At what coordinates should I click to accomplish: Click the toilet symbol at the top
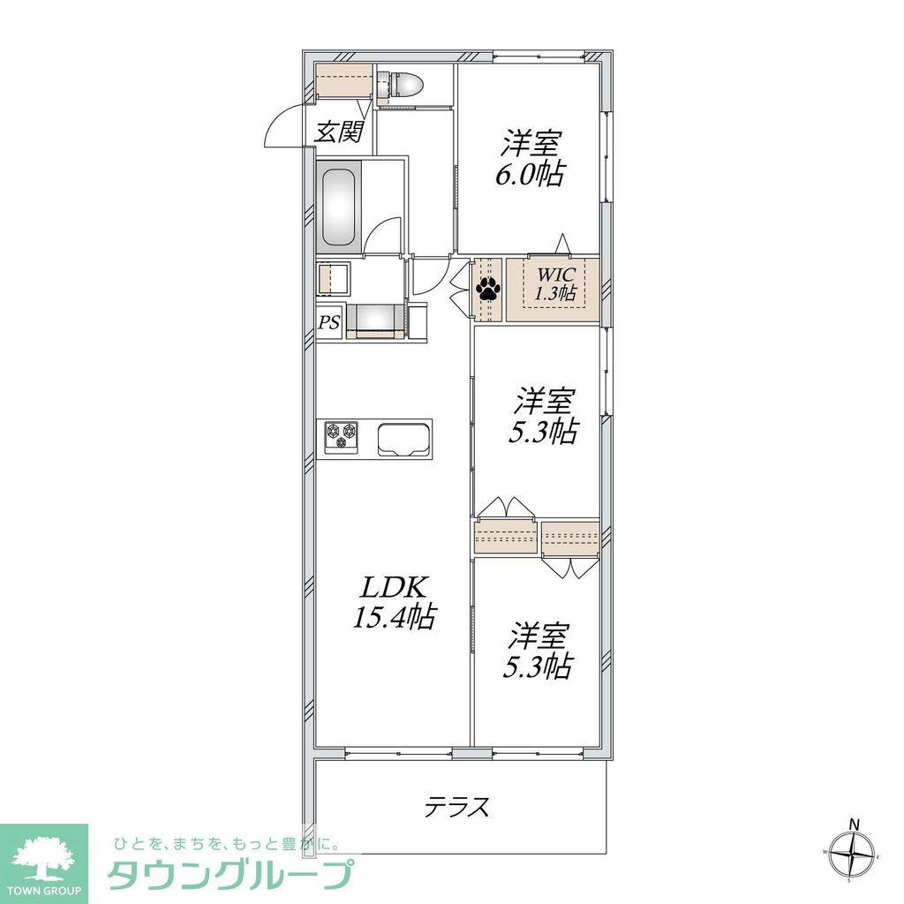403,85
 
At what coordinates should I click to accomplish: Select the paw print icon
488,288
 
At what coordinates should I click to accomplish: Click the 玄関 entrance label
339,132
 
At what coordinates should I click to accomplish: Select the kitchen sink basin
404,439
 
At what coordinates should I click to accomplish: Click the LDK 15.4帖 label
394,602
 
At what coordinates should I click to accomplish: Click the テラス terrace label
457,806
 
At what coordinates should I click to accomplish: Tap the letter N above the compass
854,825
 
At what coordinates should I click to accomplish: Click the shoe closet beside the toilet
345,82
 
